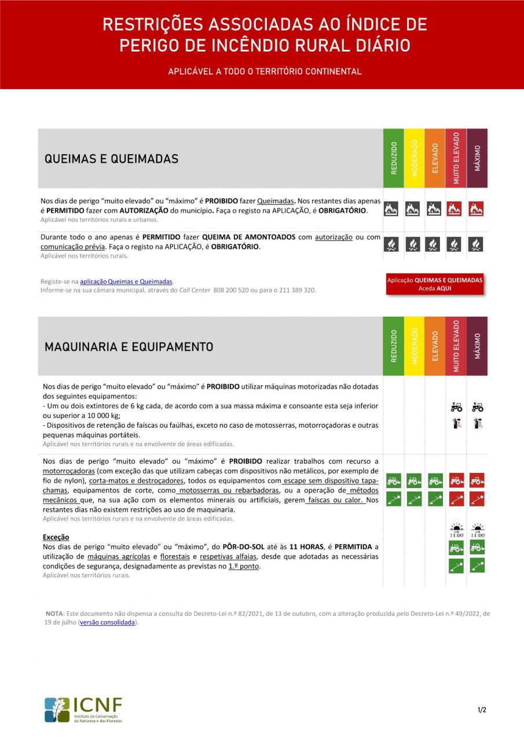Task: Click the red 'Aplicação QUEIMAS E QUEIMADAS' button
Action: tap(434, 284)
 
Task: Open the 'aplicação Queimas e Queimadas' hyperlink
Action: tap(126, 281)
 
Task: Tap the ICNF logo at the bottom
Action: tap(83, 710)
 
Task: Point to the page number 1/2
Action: tap(482, 710)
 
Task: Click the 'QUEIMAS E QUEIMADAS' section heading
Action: tap(111, 159)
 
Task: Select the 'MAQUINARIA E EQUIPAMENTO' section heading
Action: tap(129, 347)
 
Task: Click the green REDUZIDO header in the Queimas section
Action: tap(393, 158)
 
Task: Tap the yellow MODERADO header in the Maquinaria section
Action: tap(414, 346)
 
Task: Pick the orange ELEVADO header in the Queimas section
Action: tap(435, 158)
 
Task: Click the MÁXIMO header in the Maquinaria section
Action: tap(477, 346)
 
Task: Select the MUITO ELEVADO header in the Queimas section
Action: tap(456, 158)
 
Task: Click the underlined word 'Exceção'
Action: tap(56, 537)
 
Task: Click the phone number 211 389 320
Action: tap(296, 290)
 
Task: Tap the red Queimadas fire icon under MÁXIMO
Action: tap(477, 209)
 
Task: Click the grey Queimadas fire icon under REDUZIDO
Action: tap(391, 209)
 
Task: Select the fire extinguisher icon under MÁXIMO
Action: tap(477, 424)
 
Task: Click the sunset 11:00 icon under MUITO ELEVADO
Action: tap(456, 530)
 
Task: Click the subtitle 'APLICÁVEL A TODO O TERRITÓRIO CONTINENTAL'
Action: tap(265, 72)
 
